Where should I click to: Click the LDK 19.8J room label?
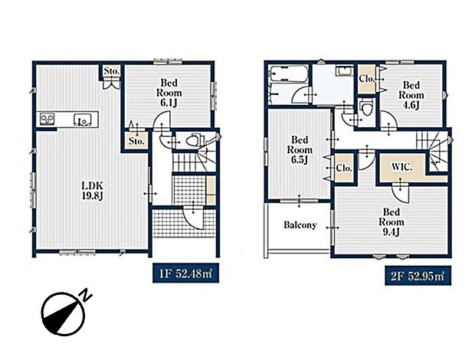(93, 191)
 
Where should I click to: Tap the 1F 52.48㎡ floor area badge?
(185, 273)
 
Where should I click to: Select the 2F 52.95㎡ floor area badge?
(418, 276)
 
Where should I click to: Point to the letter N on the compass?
(86, 295)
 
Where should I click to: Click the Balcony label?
(300, 225)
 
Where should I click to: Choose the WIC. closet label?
(402, 167)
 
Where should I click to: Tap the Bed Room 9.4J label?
(391, 222)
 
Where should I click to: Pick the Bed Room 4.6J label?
(411, 95)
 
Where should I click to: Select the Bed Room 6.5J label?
(300, 149)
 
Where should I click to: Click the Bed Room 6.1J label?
(169, 93)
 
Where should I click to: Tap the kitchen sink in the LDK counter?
(83, 119)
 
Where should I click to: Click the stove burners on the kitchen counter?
(47, 119)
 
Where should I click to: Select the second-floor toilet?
(366, 108)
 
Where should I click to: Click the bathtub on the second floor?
(289, 74)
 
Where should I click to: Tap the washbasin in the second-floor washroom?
(344, 71)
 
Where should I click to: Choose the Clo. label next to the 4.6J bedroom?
(367, 78)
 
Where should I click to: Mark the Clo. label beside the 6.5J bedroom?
(344, 168)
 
